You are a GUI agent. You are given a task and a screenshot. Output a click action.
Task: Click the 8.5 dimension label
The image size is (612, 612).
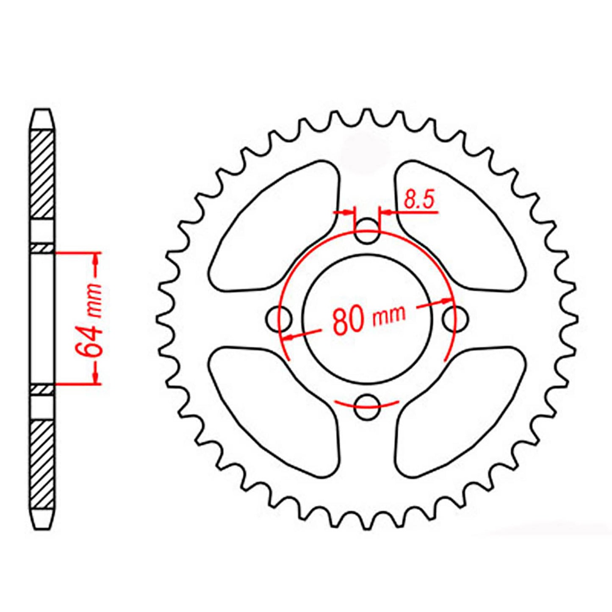[419, 199]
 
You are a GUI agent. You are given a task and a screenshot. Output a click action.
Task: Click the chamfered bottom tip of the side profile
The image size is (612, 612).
[44, 520]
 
